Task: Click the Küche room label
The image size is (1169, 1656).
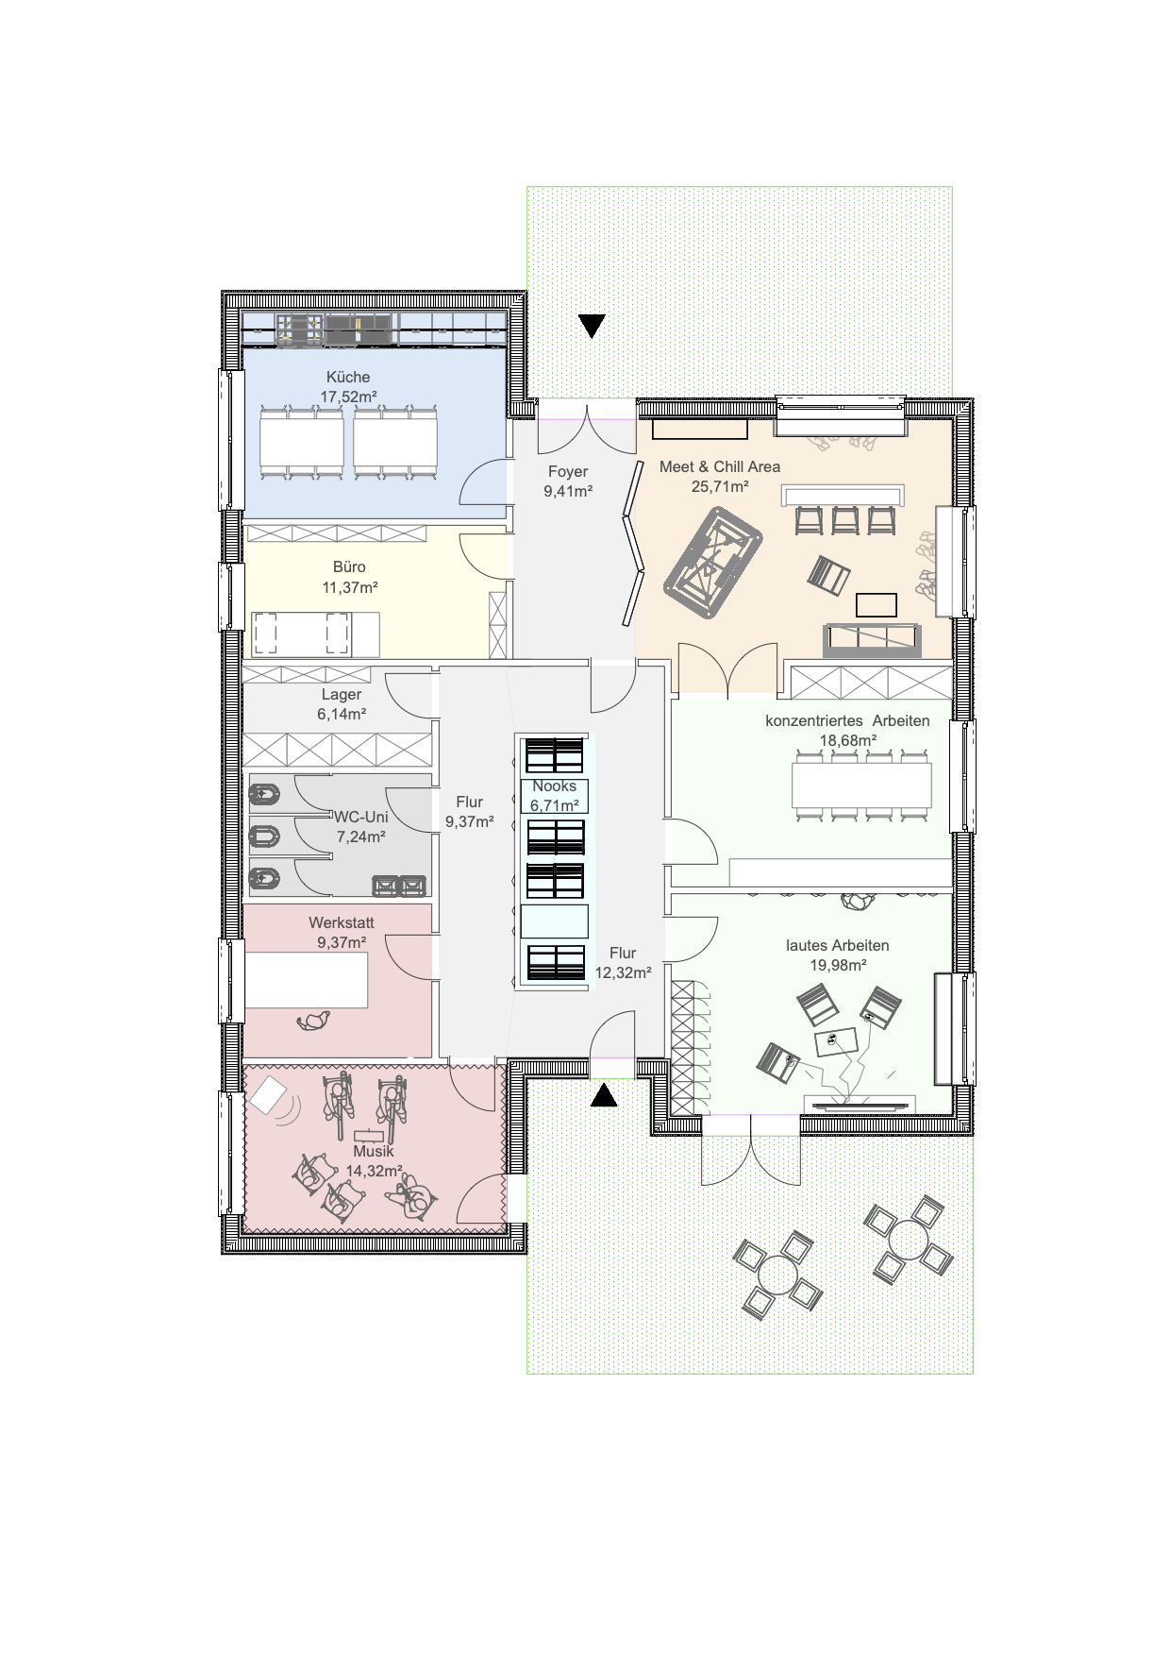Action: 348,377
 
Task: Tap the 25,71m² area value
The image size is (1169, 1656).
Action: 720,487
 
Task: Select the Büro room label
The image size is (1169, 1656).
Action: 349,566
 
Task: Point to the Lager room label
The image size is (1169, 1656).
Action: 342,695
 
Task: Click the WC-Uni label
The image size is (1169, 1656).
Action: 361,817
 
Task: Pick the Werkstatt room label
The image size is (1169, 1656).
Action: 342,922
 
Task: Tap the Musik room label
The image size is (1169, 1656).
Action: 374,1151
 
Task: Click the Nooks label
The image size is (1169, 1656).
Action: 554,786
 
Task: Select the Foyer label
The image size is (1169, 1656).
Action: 568,471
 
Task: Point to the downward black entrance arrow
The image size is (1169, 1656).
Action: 592,326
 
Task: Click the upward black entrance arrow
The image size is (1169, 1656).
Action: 604,1095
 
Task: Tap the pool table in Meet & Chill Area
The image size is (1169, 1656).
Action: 712,563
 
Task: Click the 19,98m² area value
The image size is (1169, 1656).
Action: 838,965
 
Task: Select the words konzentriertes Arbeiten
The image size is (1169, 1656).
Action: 847,720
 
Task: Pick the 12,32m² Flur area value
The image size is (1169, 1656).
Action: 623,972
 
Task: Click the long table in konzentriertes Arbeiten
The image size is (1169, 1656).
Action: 861,785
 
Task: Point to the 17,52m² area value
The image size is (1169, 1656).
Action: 349,397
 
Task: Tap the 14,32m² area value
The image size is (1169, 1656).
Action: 374,1171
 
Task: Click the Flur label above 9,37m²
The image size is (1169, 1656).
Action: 470,802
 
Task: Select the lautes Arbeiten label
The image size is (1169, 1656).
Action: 838,945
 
